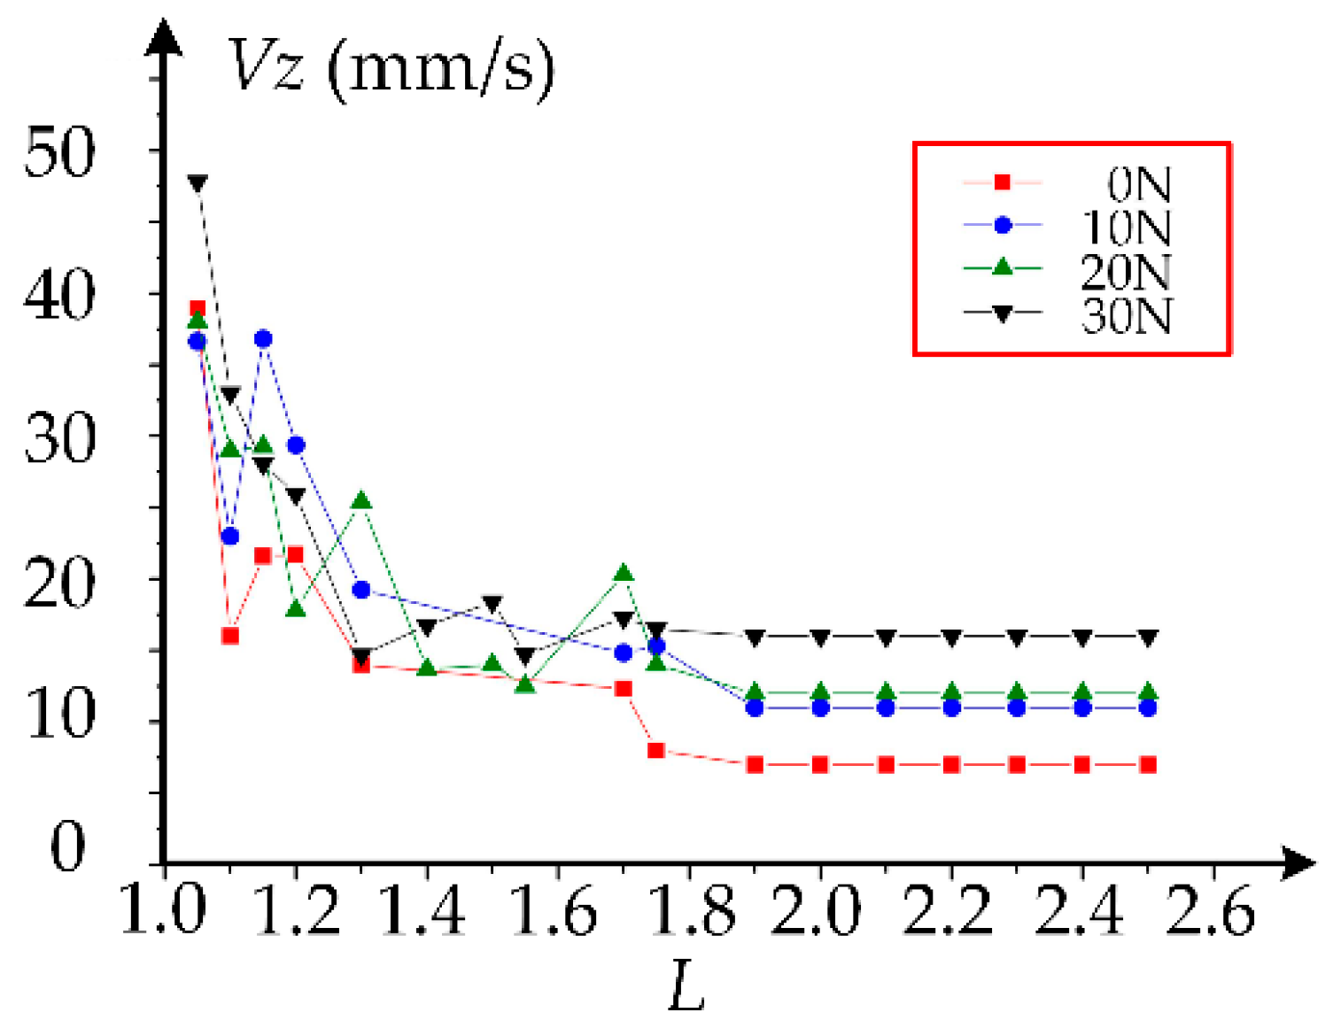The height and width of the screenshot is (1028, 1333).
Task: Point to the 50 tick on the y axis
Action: coord(59,152)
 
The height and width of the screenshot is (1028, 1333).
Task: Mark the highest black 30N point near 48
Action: coord(198,183)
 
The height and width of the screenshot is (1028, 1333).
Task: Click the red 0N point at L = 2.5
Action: coord(1148,764)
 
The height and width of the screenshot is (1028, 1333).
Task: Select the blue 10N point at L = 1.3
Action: coord(360,589)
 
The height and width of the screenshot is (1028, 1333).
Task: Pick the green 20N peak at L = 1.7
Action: coord(624,574)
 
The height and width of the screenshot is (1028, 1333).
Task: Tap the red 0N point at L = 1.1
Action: coord(230,636)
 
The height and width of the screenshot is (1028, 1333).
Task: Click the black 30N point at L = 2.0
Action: coord(820,638)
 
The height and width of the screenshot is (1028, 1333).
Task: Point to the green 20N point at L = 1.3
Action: coord(360,501)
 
